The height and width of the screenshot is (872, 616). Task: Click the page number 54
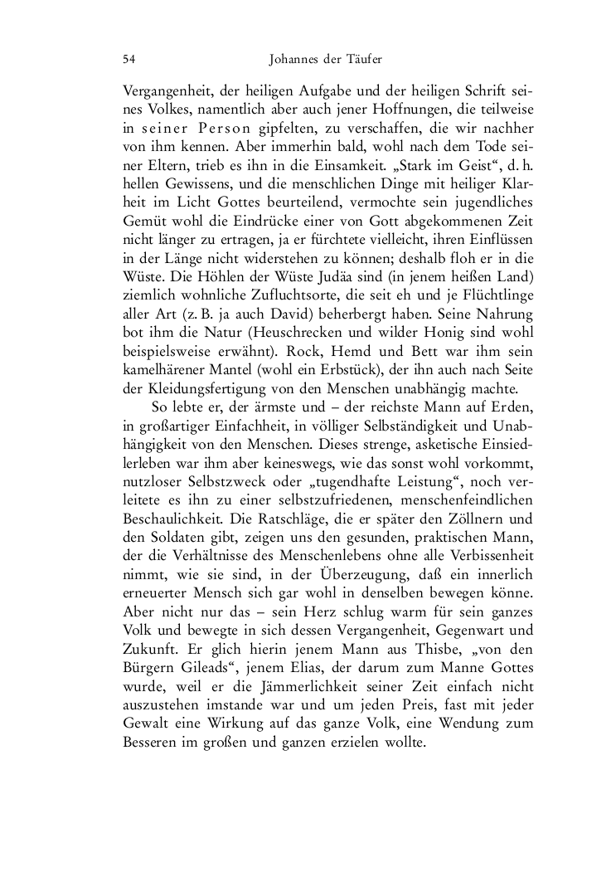[x=129, y=59]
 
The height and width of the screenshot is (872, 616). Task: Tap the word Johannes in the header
[x=298, y=59]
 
